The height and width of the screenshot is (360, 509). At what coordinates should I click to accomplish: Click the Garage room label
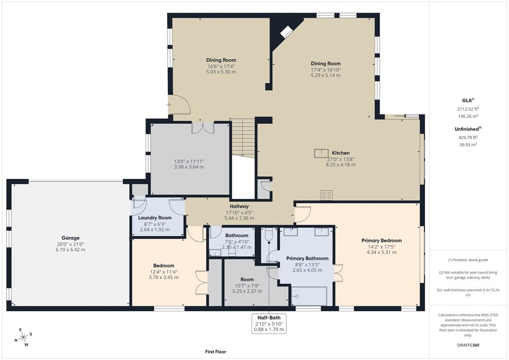pyautogui.click(x=70, y=238)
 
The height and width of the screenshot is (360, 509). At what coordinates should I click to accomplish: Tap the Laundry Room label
pyautogui.click(x=155, y=218)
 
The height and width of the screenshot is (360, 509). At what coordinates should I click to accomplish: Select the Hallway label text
pyautogui.click(x=239, y=206)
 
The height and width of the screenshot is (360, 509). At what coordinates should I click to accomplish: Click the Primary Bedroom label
pyautogui.click(x=381, y=241)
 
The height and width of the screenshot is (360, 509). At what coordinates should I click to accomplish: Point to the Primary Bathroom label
pyautogui.click(x=307, y=259)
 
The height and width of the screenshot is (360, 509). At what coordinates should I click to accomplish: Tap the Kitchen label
pyautogui.click(x=341, y=153)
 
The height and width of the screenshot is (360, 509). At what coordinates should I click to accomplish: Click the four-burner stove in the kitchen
pyautogui.click(x=327, y=195)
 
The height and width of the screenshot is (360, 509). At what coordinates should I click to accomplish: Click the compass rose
pyautogui.click(x=21, y=336)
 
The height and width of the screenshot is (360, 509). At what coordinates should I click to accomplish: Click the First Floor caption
pyautogui.click(x=216, y=352)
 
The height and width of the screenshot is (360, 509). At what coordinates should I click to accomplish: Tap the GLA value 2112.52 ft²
pyautogui.click(x=467, y=108)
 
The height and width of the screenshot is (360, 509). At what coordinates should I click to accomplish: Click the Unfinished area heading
pyautogui.click(x=467, y=129)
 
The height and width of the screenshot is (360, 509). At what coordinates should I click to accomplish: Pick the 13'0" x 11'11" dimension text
pyautogui.click(x=189, y=161)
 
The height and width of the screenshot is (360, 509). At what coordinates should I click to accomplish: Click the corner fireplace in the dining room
pyautogui.click(x=287, y=32)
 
